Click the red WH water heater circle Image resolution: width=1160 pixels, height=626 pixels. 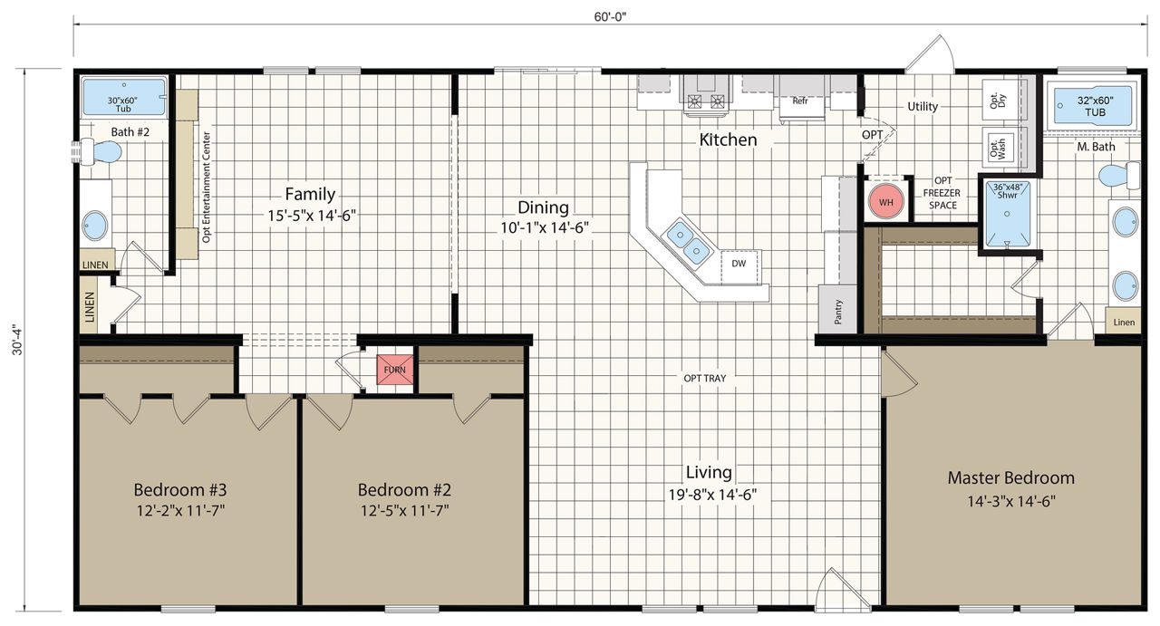pos(886,201)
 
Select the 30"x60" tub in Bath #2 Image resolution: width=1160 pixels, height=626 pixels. pos(124,97)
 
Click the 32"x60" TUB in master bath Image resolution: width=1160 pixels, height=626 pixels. pos(1092,106)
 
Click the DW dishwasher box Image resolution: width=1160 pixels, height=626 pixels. pos(739,264)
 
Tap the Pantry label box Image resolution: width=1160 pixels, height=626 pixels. pos(838,310)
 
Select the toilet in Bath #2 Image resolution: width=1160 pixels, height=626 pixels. pos(101,152)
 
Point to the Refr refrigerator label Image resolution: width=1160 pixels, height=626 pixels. pos(800,101)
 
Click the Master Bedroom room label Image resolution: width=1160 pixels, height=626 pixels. pos(1010,477)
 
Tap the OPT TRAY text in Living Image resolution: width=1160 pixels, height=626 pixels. pos(705,378)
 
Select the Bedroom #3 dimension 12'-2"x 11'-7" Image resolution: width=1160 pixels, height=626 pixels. pos(180,510)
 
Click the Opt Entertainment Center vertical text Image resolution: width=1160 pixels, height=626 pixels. pos(207,186)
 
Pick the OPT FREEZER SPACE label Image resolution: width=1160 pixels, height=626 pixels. pos(942,192)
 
